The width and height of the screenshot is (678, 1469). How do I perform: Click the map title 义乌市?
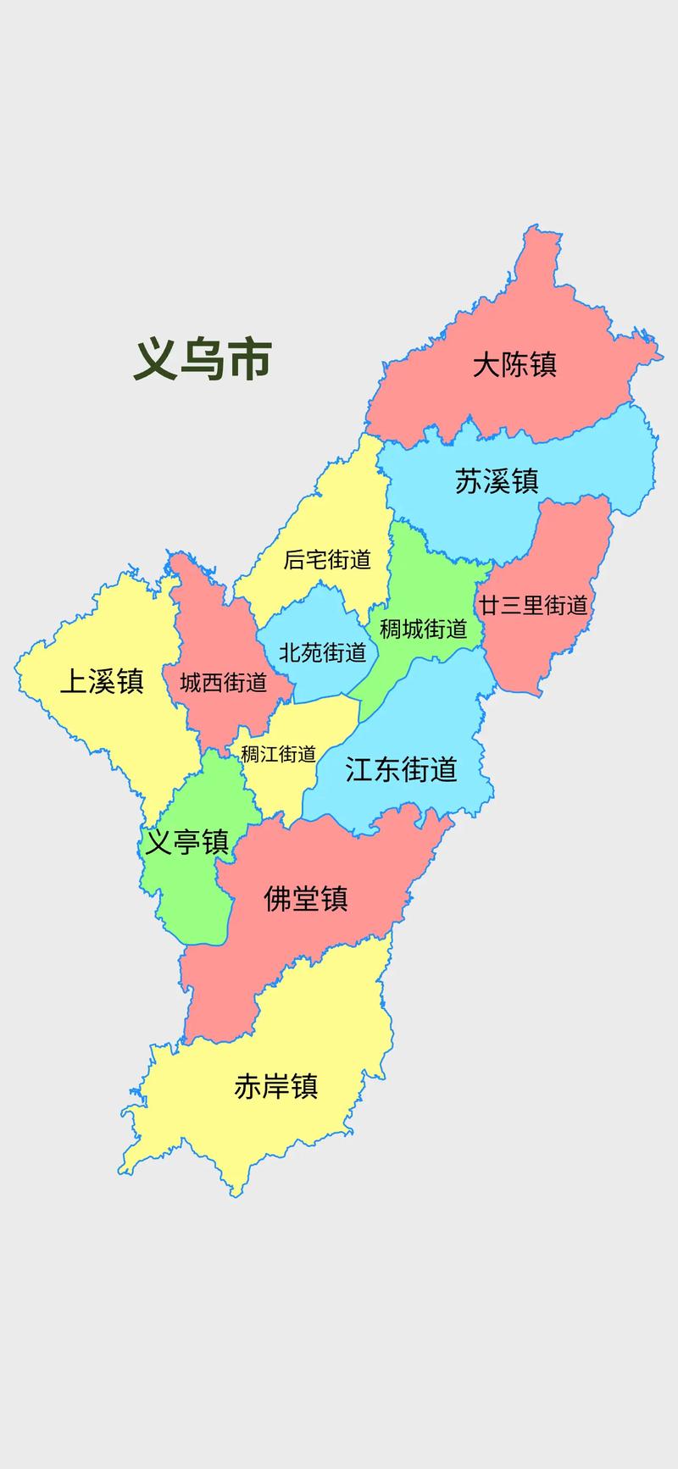pos(203,359)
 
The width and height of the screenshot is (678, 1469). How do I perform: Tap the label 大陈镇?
pos(514,365)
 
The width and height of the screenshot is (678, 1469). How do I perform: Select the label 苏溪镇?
pos(497,480)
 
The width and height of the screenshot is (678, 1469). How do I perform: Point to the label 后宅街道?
pos(327,559)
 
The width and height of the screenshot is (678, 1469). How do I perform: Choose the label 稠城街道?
pos(423,629)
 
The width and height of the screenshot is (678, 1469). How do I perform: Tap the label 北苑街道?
pos(323,652)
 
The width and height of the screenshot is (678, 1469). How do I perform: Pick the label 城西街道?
pos(224,682)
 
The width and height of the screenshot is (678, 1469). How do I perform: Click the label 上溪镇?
pos(102,681)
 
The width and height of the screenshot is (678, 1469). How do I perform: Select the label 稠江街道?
pos(278,753)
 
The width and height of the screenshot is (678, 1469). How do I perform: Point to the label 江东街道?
pos(401,769)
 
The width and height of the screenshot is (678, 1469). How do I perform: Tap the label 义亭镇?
pos(186,842)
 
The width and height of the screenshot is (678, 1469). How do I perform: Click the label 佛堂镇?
pos(306,898)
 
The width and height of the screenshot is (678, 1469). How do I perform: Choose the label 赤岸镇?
pos(276,1086)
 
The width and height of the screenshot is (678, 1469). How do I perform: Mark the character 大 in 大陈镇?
pos(486,365)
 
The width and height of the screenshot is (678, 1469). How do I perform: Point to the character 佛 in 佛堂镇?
pos(278,898)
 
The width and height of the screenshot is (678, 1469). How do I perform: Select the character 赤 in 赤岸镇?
pos(248,1086)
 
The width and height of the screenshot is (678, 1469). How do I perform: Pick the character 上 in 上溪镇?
pos(74,681)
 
